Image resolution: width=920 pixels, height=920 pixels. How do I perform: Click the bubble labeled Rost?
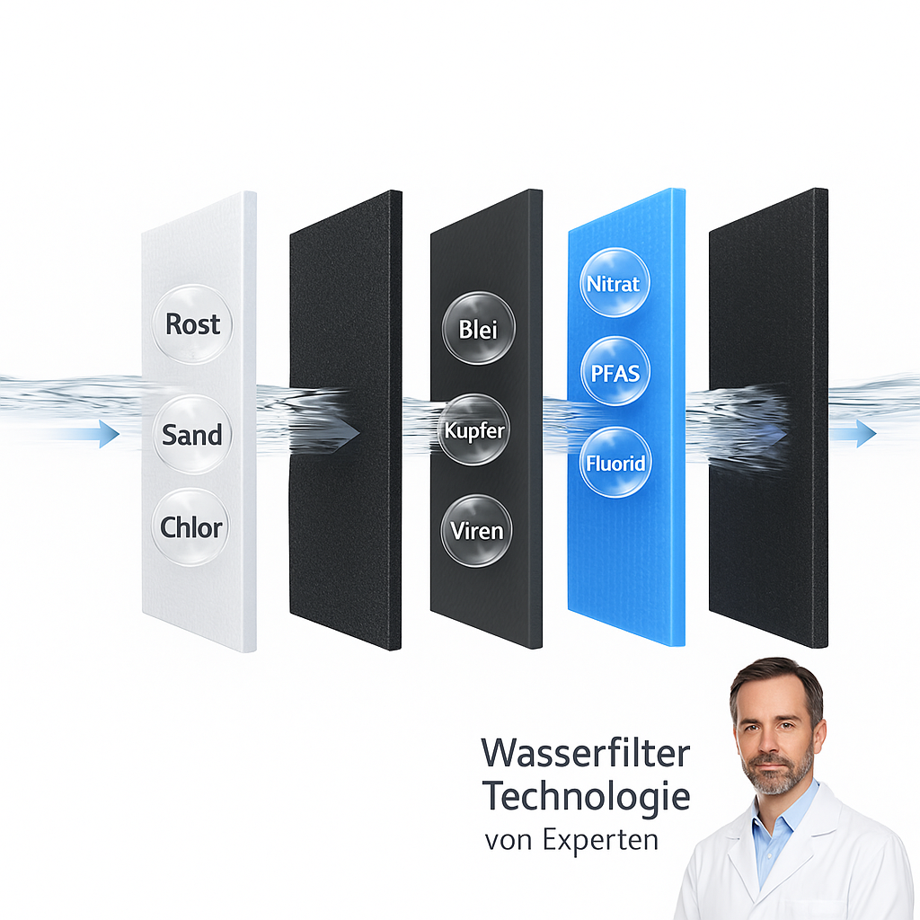click(192, 323)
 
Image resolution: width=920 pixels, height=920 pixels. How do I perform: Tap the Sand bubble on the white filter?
click(191, 435)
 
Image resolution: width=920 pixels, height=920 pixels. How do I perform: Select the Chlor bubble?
click(190, 527)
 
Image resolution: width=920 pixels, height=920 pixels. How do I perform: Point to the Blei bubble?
click(478, 329)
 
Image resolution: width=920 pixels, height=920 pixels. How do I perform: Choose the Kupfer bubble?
click(475, 430)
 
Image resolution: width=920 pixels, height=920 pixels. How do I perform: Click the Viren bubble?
click(477, 531)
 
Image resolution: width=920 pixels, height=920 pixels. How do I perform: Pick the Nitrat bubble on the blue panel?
click(614, 284)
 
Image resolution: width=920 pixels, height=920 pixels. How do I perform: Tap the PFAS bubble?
click(614, 372)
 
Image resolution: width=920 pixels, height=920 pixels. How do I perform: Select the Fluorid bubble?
click(615, 464)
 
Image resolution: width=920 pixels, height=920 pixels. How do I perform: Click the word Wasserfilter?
click(586, 752)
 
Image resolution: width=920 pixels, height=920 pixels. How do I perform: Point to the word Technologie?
click(586, 795)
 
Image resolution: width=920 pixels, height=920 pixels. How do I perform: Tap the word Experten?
click(601, 840)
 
